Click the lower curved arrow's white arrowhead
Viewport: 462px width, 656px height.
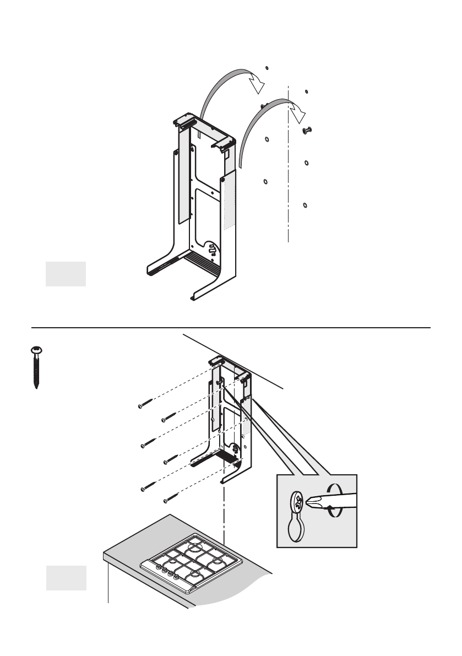(x=298, y=113)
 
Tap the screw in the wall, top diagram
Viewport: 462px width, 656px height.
(x=307, y=130)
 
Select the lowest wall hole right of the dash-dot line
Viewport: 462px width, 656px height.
(x=306, y=205)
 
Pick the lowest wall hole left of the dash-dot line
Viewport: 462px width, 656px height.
(x=265, y=181)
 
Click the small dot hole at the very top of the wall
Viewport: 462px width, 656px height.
(x=267, y=68)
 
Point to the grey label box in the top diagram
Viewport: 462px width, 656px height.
(x=66, y=274)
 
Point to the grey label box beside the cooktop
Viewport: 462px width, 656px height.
(x=66, y=578)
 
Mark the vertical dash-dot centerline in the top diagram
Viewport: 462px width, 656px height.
(x=289, y=165)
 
